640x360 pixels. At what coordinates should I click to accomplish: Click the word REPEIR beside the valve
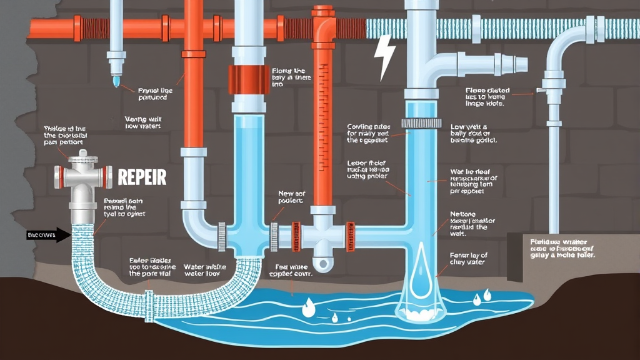tap(142, 177)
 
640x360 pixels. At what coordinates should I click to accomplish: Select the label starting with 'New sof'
tap(290, 197)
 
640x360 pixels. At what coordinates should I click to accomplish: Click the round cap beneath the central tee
tap(322, 264)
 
